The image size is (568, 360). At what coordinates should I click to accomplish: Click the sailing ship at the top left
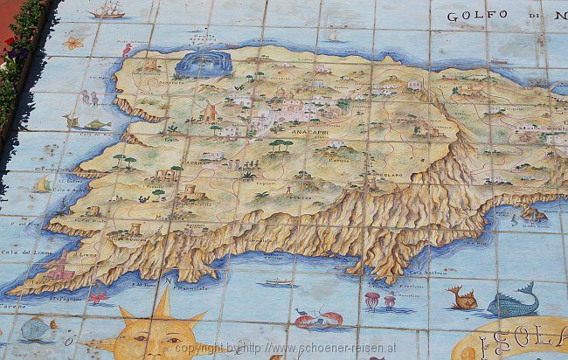(107, 10)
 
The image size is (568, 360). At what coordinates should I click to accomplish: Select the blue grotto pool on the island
(204, 63)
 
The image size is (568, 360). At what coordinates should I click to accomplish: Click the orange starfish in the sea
(73, 41)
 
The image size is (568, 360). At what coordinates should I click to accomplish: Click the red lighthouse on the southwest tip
(60, 266)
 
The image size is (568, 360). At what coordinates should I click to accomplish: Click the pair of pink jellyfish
(378, 301)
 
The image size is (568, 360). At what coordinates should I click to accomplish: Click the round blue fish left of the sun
(37, 329)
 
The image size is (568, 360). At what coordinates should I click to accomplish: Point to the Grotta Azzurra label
(203, 42)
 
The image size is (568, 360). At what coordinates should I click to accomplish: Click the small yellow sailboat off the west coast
(43, 184)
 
